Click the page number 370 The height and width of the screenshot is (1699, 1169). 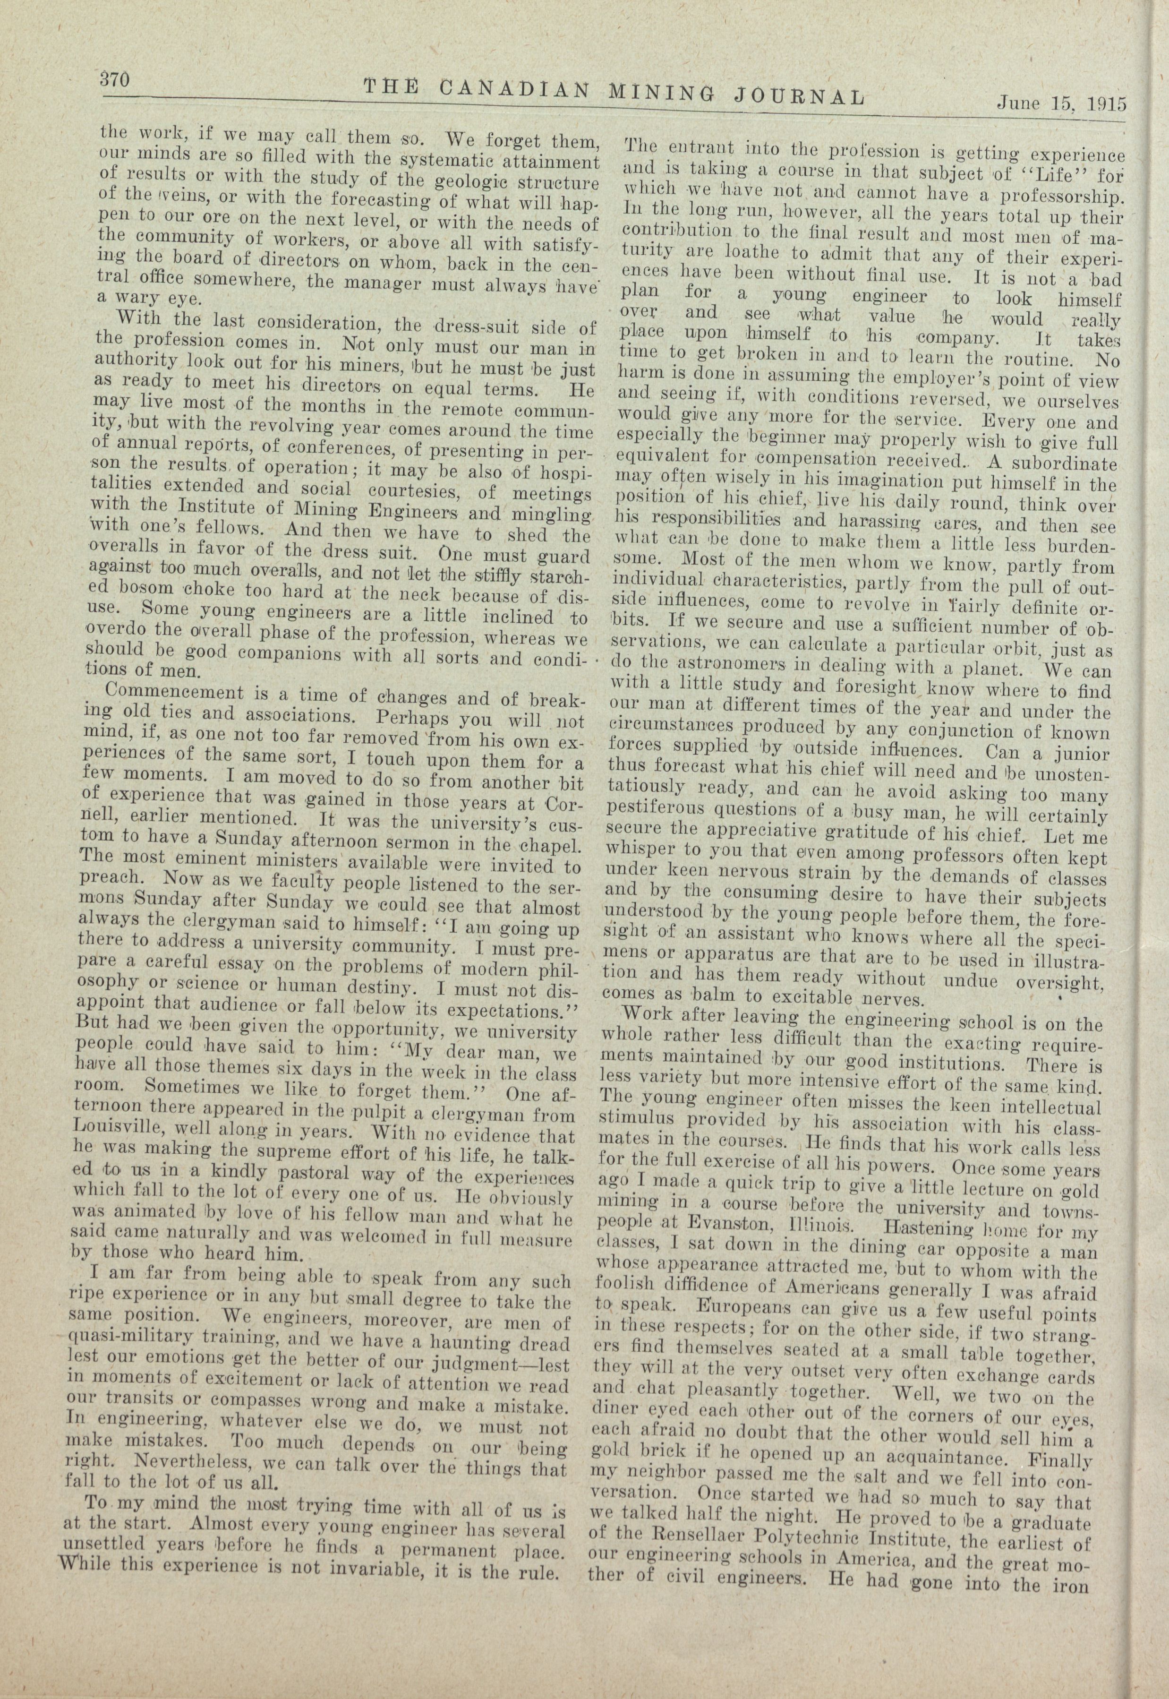116,77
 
